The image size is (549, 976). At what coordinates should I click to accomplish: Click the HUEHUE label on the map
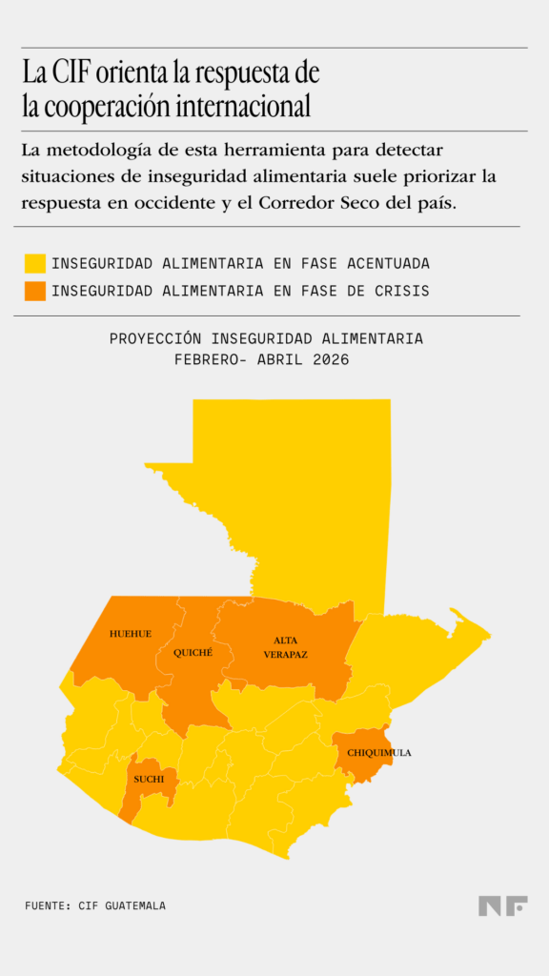point(130,634)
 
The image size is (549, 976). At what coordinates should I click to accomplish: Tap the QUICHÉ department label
point(193,653)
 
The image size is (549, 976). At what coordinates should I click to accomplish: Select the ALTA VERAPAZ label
point(285,647)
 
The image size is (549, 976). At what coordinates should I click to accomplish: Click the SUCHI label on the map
point(149,779)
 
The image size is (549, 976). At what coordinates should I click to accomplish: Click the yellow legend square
point(35,263)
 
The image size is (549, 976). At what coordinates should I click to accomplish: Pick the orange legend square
point(35,291)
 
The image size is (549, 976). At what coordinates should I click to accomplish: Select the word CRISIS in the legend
point(402,291)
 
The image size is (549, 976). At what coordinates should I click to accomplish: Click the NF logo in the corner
point(502,906)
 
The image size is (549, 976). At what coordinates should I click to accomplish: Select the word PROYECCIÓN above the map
point(157,338)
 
